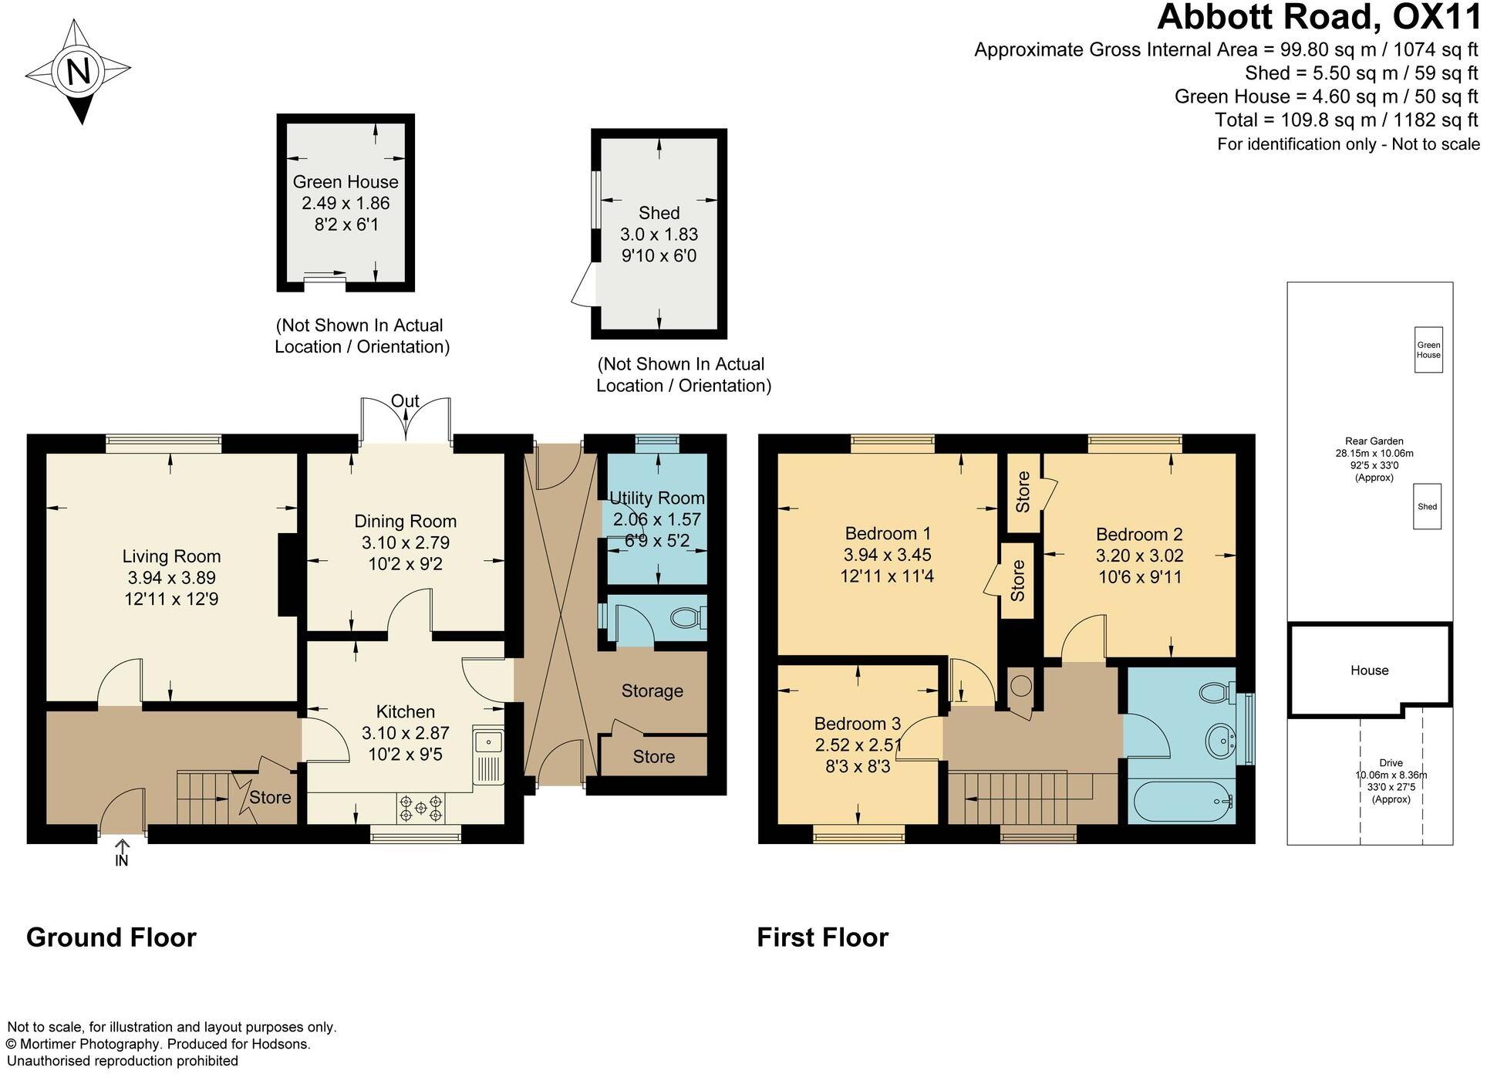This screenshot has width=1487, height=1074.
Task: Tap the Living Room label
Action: (x=171, y=556)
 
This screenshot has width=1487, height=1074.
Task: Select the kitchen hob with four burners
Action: (x=421, y=808)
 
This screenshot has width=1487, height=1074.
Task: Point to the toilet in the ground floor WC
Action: (x=686, y=618)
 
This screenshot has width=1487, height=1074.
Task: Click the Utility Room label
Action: (x=657, y=498)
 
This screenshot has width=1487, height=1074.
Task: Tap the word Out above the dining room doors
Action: (x=405, y=400)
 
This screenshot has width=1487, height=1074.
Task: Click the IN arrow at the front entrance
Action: (x=122, y=854)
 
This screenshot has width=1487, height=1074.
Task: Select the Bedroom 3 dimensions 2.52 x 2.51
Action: (x=858, y=745)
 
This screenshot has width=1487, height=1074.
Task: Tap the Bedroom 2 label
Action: (x=1139, y=534)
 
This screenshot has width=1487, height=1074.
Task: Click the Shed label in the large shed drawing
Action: (x=659, y=213)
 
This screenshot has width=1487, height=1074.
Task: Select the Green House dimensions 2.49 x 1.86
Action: (x=346, y=204)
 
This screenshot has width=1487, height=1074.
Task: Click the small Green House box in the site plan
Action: (x=1428, y=350)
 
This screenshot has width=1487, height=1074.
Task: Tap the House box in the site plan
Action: (x=1369, y=670)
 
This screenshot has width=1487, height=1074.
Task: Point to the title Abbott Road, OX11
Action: (x=1318, y=18)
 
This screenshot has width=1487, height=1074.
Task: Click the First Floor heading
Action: (x=822, y=937)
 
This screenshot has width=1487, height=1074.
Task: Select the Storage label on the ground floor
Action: (x=652, y=691)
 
